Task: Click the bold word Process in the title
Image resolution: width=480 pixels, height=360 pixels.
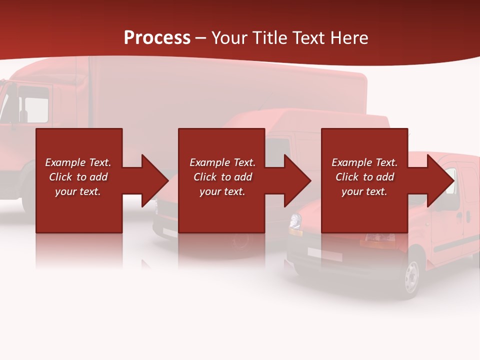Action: (157, 37)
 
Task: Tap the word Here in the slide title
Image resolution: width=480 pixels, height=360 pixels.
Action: (348, 38)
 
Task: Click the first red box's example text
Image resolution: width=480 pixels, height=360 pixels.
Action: (78, 177)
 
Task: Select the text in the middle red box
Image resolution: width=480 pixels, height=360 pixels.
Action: (222, 177)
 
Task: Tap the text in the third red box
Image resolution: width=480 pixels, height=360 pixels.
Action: (364, 177)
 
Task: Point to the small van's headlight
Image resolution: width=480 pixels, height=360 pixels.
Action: (295, 220)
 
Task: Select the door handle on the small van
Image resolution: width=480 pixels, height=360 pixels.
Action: (467, 216)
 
